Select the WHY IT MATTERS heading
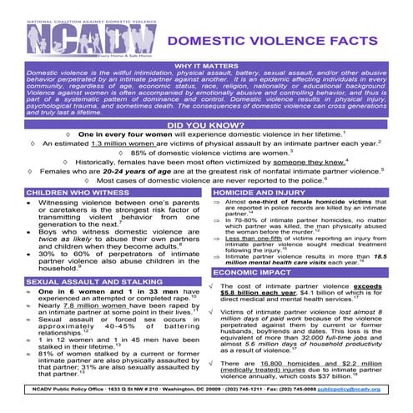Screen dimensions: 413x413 (206, 64)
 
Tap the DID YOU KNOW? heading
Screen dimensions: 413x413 (206, 124)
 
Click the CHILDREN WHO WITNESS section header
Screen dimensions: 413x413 (68, 192)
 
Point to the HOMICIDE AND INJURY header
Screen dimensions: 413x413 (251, 192)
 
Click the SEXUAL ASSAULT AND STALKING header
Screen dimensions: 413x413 (86, 283)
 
